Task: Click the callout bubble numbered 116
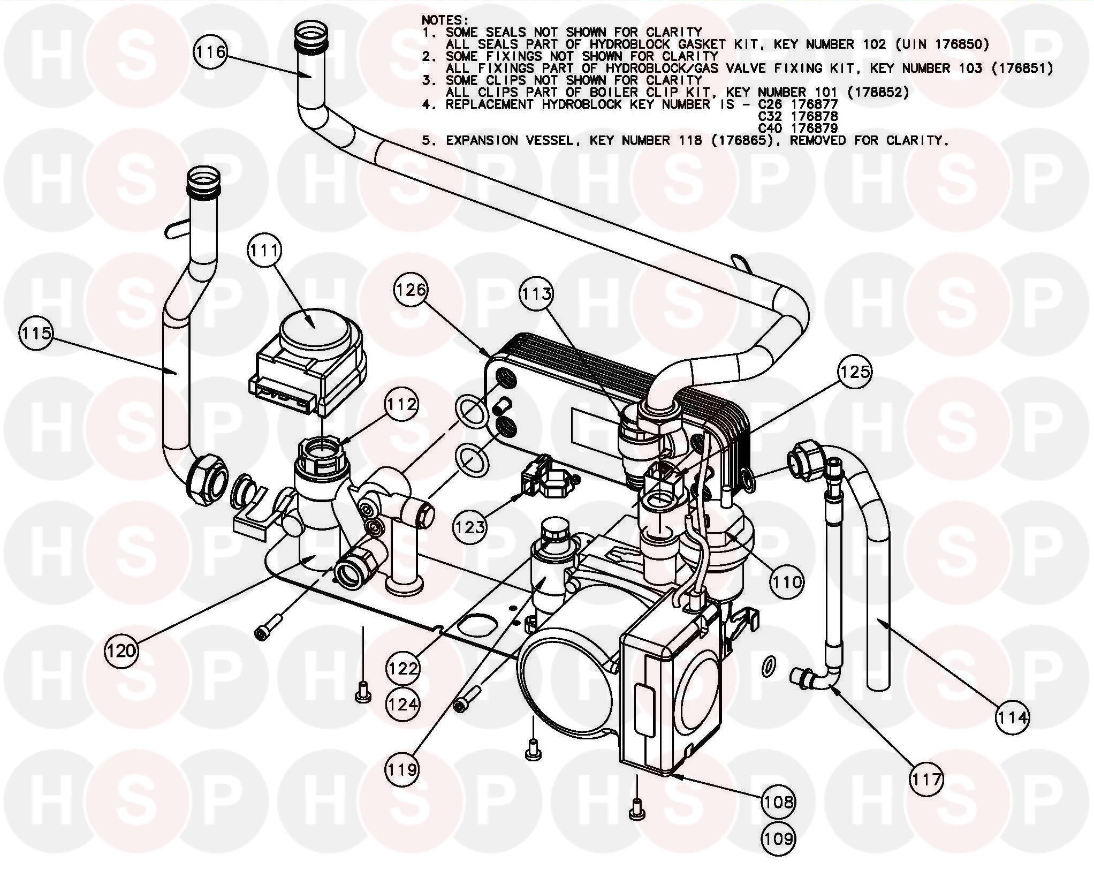coord(210,52)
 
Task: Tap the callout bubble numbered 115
coord(36,333)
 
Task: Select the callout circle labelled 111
coord(265,250)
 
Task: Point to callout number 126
coord(411,290)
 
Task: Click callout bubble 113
coord(536,293)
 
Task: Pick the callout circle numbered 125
coord(855,372)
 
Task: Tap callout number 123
coord(470,527)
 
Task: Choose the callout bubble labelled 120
coord(121,650)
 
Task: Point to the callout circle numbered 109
coord(779,838)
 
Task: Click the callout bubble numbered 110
coord(787,581)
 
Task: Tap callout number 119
coord(402,769)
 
